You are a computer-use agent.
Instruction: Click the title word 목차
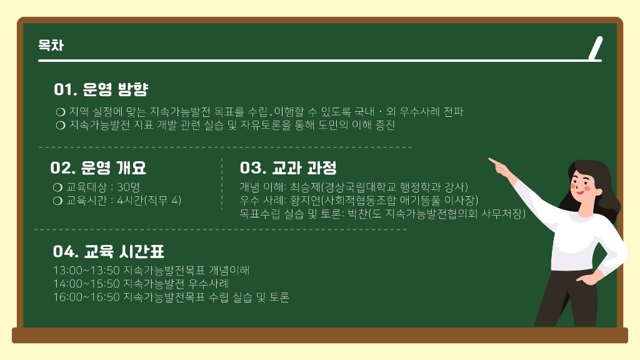click(51, 45)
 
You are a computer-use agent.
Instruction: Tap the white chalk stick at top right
click(596, 48)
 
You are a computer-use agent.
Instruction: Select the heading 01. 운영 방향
click(101, 89)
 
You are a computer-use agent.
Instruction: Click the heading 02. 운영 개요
click(98, 167)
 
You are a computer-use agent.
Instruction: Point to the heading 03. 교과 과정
click(288, 167)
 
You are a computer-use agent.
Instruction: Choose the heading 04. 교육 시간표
click(109, 251)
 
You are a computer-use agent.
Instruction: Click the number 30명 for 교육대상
click(129, 187)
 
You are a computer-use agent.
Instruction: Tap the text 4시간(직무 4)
click(149, 201)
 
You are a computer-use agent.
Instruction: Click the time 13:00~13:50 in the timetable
click(86, 270)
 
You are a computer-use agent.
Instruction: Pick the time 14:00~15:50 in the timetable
click(86, 284)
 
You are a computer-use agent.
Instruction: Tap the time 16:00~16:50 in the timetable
click(86, 297)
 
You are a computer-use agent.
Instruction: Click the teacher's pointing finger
click(495, 162)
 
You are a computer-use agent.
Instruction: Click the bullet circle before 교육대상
click(57, 187)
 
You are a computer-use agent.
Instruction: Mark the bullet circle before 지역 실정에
click(61, 112)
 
